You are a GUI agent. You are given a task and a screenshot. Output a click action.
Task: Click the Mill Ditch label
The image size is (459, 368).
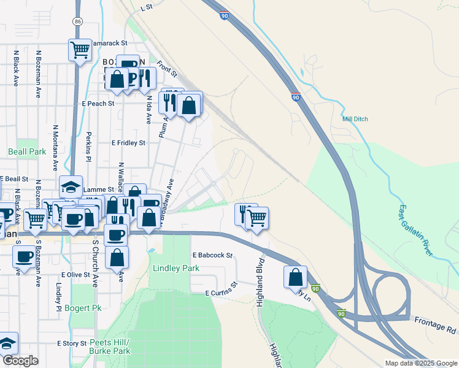point(355,119)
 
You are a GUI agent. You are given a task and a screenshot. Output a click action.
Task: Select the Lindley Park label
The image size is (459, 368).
point(177,269)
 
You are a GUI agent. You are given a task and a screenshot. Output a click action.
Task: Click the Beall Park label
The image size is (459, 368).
point(27,151)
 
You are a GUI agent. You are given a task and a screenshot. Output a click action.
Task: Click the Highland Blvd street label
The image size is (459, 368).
point(260,271)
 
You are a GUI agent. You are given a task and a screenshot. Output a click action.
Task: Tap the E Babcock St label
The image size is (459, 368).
point(213,255)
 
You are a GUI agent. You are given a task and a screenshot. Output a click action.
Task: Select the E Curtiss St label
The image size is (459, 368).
point(221,290)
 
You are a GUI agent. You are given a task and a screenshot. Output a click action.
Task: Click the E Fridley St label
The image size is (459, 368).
point(128,143)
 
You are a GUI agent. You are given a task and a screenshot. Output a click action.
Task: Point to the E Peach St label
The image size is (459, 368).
point(98,104)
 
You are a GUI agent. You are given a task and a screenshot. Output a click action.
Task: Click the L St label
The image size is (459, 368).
point(145,8)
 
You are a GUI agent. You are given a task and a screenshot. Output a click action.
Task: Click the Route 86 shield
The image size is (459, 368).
point(77,21)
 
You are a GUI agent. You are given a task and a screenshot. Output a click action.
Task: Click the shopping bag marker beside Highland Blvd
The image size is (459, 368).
point(296,277)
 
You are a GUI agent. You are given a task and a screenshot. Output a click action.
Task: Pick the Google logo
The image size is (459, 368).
point(20,361)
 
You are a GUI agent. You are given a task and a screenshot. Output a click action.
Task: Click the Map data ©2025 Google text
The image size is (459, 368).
point(420,363)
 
